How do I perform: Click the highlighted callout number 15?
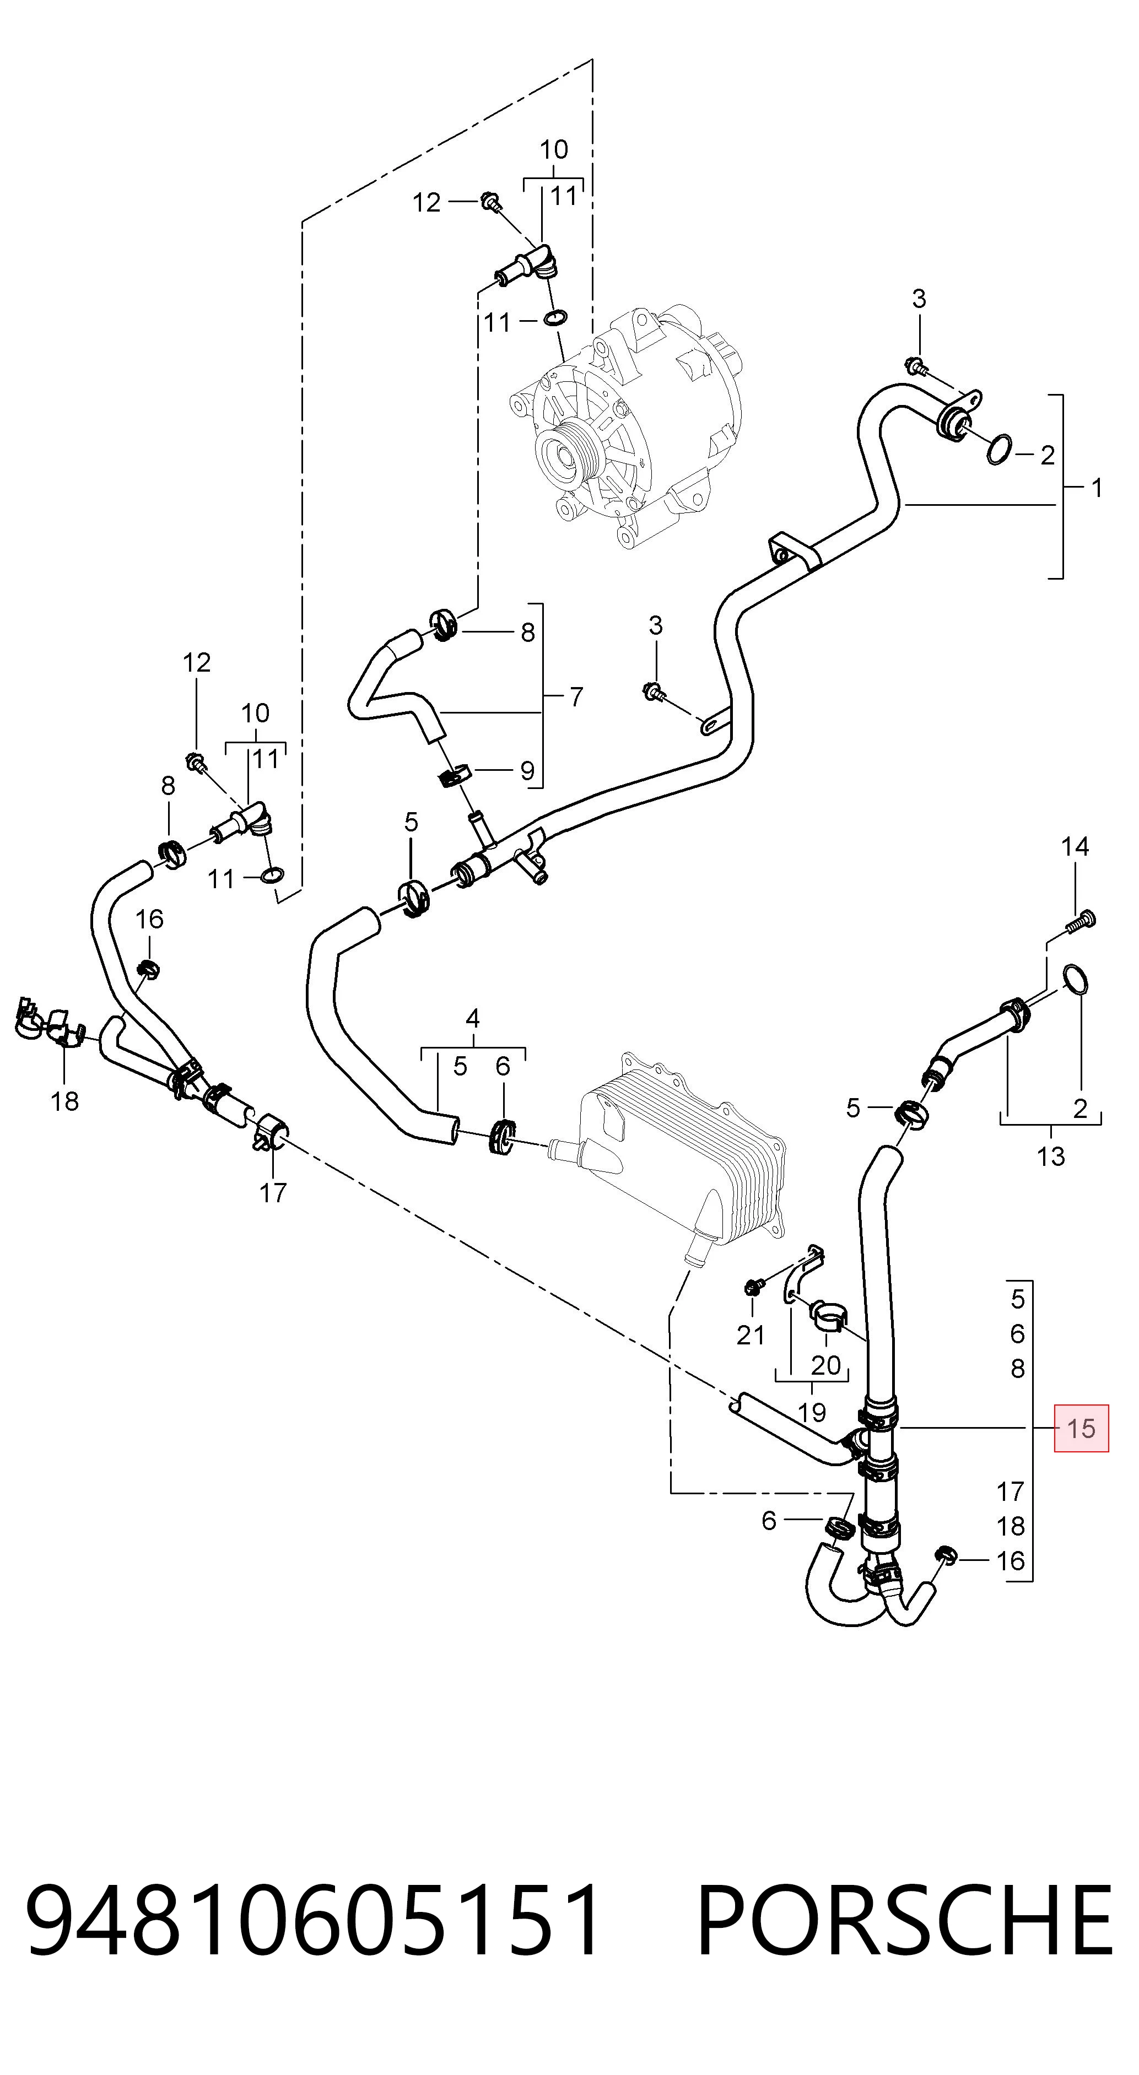pos(1081,1428)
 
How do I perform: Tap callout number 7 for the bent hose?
pos(575,697)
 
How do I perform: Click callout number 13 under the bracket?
pos(1050,1157)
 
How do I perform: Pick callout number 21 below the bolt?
pos(750,1334)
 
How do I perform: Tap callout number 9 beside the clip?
pos(527,771)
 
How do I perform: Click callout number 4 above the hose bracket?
pos(473,1018)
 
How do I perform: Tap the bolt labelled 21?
pos(755,1287)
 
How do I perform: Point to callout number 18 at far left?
pos(64,1100)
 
